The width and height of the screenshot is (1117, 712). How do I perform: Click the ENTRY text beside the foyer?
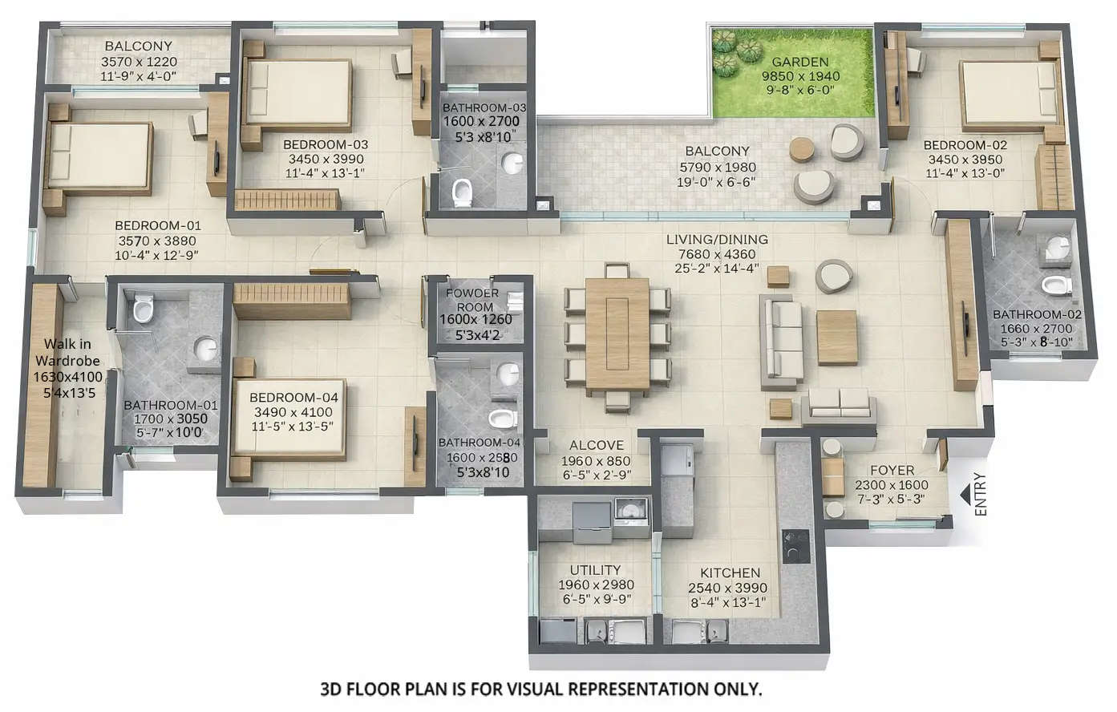point(980,495)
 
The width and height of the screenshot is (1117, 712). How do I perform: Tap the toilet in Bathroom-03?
point(462,192)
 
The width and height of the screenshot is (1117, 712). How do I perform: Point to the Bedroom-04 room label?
point(293,398)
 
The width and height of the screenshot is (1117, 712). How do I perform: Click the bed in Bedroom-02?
point(1009,96)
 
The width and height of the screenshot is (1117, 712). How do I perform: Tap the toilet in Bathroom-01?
point(144,308)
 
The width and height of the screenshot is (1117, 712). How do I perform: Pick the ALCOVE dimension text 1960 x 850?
point(596,461)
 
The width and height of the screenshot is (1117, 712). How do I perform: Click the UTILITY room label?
point(595,570)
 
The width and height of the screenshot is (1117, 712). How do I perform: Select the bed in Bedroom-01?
point(99,158)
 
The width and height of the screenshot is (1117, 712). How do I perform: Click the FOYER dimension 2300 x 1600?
point(891,485)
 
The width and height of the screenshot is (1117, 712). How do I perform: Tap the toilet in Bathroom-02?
point(1056,285)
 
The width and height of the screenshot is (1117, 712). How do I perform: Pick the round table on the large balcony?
point(802,150)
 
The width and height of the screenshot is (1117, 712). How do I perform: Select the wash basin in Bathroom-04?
point(507,374)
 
